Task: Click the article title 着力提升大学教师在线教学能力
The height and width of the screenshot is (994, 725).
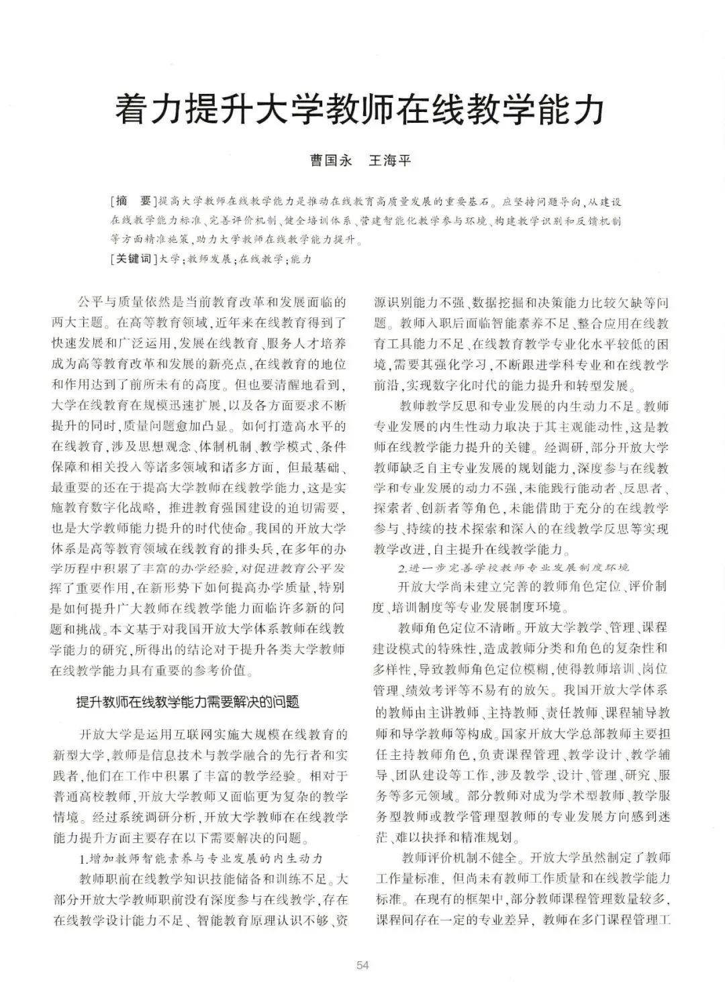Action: click(x=360, y=110)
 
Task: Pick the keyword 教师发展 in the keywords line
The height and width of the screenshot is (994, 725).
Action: click(x=209, y=259)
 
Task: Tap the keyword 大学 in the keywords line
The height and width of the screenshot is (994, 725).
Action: click(x=171, y=259)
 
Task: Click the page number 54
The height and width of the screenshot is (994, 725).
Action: click(x=362, y=965)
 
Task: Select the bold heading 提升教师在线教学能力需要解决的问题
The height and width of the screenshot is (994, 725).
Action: click(x=188, y=702)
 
